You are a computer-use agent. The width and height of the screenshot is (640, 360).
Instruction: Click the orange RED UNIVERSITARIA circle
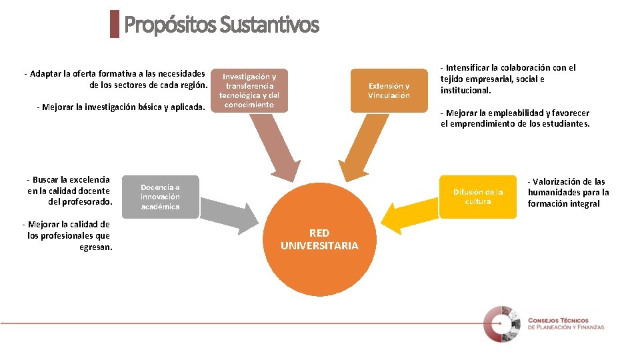(319, 239)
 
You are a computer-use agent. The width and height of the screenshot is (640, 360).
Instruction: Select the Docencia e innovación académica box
(160, 197)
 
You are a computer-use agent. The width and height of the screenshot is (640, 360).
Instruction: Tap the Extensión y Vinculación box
(389, 91)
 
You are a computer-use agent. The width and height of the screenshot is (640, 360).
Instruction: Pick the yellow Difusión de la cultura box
(477, 196)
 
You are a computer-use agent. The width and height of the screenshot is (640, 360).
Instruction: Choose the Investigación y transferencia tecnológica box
(249, 90)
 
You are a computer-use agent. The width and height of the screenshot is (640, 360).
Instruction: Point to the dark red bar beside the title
(114, 24)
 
